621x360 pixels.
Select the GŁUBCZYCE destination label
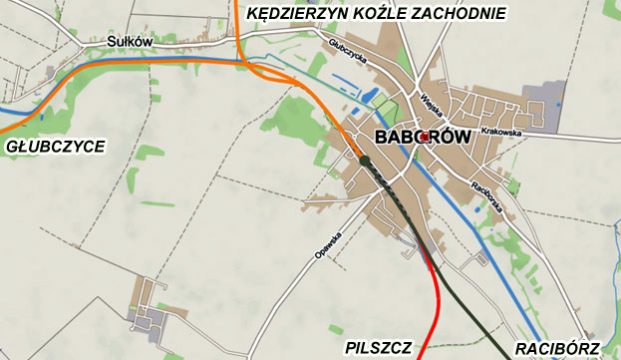point(55,147)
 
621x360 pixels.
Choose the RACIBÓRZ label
point(557,347)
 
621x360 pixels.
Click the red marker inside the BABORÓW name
point(425,136)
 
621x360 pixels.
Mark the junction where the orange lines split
point(247,64)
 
